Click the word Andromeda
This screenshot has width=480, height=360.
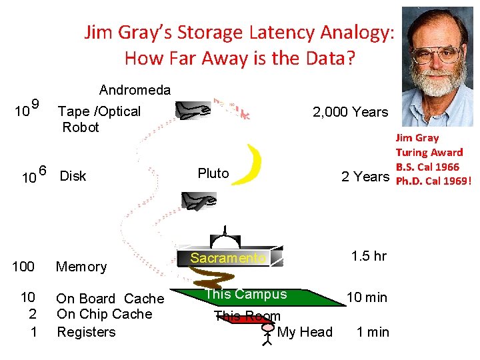[x=135, y=90]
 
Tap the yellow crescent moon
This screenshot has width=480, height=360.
[x=249, y=165]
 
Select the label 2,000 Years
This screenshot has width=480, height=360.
[x=350, y=112]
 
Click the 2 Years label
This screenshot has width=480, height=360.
[x=364, y=177]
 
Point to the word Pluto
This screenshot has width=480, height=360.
[x=213, y=173]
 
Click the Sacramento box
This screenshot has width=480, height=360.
[x=229, y=258]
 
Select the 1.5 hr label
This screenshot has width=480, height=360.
[x=369, y=257]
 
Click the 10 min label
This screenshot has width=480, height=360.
[x=366, y=297]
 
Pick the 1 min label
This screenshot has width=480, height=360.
[x=373, y=332]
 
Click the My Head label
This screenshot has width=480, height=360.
[x=305, y=332]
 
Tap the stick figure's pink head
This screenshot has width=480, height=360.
[x=268, y=328]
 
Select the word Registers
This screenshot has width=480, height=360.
[x=86, y=332]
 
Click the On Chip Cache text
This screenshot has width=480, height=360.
[x=104, y=314]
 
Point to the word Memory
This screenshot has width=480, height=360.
[x=81, y=267]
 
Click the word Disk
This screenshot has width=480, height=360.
[x=73, y=177]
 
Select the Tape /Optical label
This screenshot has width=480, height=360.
[x=99, y=111]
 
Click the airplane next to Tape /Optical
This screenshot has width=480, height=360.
[x=193, y=110]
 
